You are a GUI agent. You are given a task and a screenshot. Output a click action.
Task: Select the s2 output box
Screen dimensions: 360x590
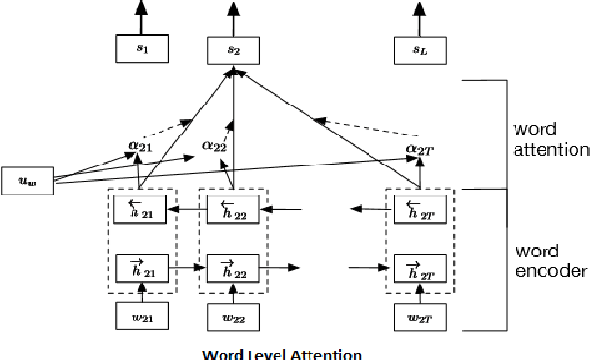click(234, 45)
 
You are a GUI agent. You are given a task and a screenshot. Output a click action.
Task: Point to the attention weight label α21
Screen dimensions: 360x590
click(140, 144)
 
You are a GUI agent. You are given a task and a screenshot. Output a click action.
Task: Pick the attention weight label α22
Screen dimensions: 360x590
click(215, 145)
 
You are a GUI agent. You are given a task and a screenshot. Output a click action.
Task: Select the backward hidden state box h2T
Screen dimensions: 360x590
click(418, 208)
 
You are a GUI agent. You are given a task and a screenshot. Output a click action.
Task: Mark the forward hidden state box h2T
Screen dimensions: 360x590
click(418, 264)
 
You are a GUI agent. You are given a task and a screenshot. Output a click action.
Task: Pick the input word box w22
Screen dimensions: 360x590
click(234, 316)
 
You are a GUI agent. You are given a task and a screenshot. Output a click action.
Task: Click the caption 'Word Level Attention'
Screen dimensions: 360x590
click(282, 352)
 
